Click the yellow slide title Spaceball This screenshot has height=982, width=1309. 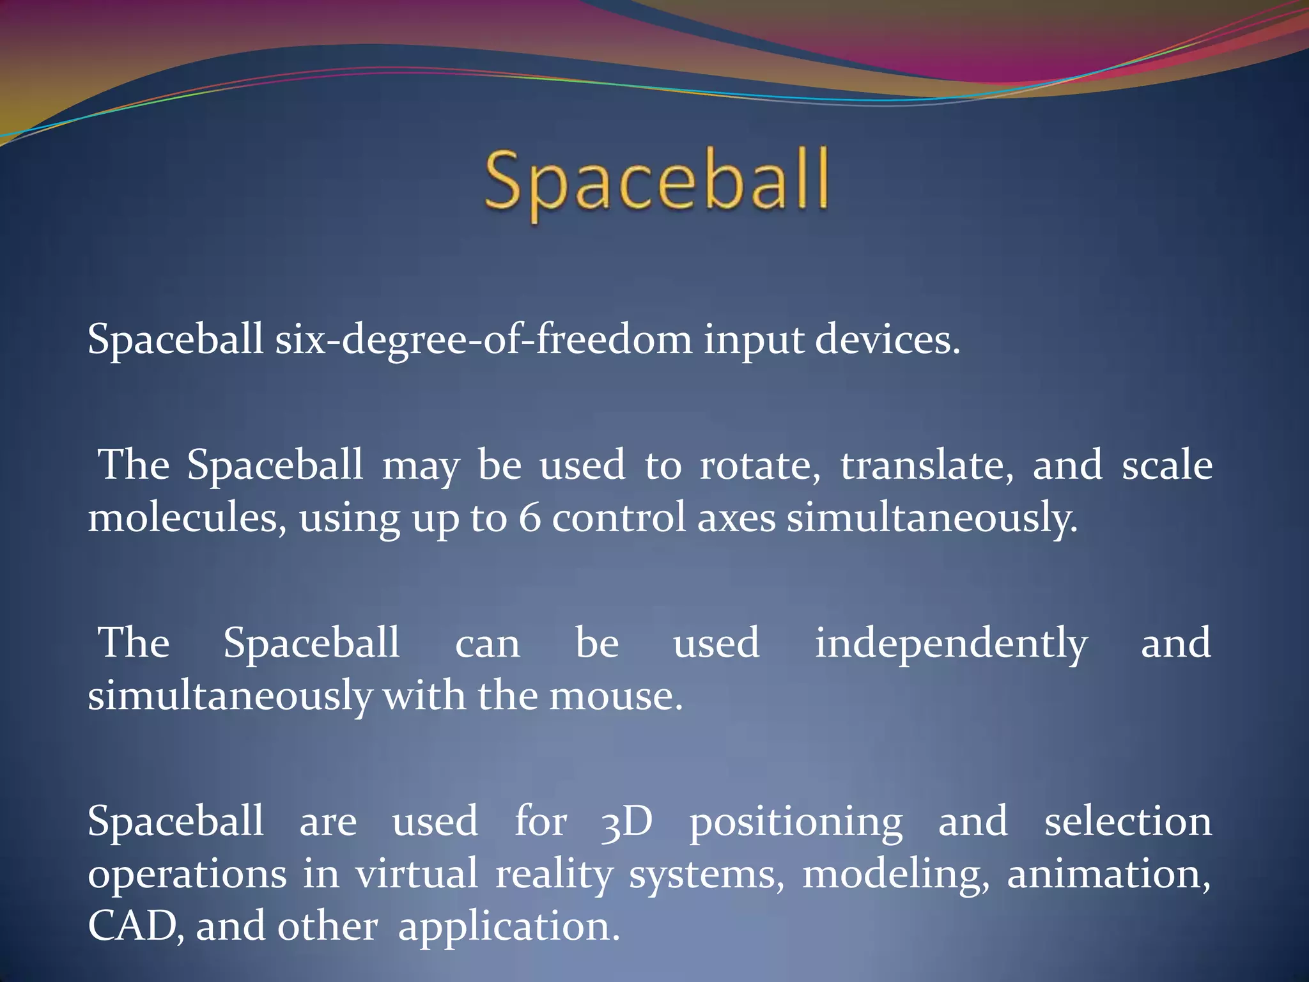click(656, 182)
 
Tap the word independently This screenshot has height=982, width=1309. click(950, 643)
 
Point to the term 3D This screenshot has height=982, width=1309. click(626, 821)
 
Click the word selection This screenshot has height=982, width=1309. click(1127, 821)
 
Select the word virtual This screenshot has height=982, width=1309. click(417, 873)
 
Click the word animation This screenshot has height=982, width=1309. click(1108, 873)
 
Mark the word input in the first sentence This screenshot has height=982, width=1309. click(753, 340)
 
